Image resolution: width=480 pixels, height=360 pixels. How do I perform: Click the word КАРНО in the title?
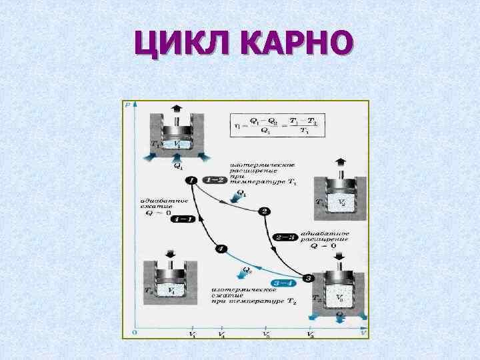(x=294, y=45)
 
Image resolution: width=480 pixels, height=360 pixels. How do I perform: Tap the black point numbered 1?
(x=191, y=180)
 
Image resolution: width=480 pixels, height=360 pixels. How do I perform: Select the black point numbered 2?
(x=265, y=211)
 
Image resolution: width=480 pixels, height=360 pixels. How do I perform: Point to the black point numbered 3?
(x=308, y=278)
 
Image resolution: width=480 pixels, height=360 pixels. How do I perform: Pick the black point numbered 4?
(x=221, y=249)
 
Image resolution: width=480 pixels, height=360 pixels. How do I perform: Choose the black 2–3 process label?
(x=285, y=237)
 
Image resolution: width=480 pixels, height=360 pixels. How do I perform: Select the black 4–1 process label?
(x=182, y=219)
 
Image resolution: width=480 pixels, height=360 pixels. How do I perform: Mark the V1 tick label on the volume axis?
(x=192, y=334)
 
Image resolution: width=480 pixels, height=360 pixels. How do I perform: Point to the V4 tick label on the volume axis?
(x=221, y=334)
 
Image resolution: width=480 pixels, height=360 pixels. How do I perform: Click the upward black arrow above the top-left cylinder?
(x=177, y=110)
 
